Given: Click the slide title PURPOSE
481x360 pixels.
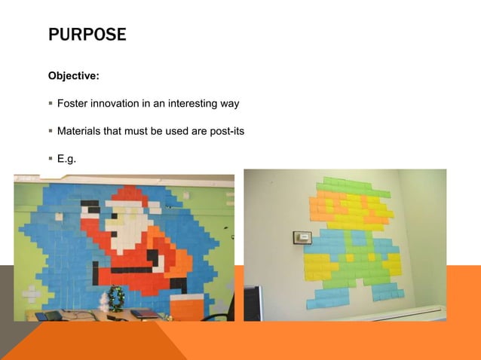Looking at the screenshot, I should point(86,35).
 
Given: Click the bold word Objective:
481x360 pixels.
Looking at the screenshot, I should point(74,76).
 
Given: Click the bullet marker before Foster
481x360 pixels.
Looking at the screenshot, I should point(51,103).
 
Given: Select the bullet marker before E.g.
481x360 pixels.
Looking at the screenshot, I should point(51,159).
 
